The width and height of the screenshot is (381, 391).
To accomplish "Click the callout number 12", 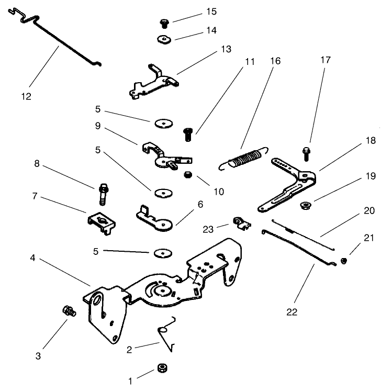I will tap(26, 96).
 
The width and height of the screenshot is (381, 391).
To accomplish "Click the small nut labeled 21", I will tap(344, 261).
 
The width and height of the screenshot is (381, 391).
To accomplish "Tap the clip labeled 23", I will tap(240, 224).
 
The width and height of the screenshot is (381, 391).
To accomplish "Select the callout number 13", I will tap(225, 49).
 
